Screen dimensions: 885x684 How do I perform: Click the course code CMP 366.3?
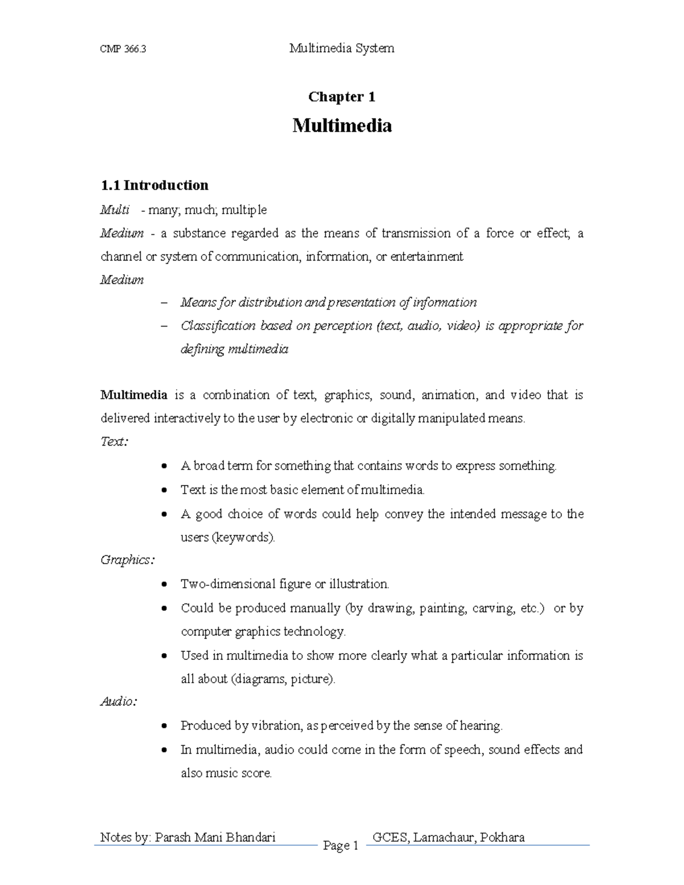click(123, 49)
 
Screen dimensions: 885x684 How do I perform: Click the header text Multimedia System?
click(341, 48)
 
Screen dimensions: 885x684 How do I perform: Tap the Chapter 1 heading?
click(341, 97)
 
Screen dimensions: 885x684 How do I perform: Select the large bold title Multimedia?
click(341, 125)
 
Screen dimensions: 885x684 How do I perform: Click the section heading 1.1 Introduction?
click(154, 185)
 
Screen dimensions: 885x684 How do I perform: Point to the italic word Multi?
click(115, 210)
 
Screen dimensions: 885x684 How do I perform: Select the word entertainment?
click(426, 256)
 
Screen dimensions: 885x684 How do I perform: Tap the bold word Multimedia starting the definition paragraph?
click(134, 395)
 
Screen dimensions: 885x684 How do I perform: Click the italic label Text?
click(114, 442)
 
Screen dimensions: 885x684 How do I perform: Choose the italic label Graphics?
click(127, 560)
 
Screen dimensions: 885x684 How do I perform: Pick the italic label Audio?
click(119, 702)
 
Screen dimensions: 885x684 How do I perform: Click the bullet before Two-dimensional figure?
click(164, 584)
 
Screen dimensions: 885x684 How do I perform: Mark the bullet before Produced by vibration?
click(164, 726)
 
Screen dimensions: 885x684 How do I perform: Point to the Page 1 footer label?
click(340, 846)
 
